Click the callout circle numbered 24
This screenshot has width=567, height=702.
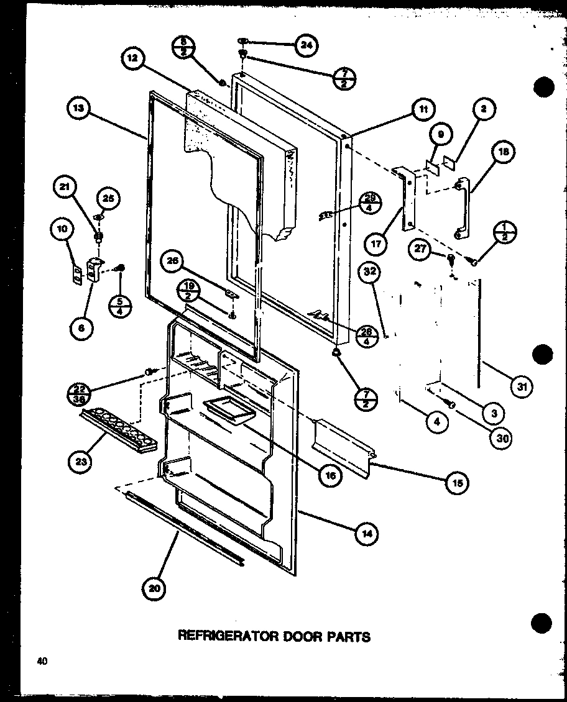click(x=307, y=45)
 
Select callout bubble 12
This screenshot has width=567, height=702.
click(x=134, y=60)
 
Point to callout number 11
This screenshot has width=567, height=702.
click(x=423, y=111)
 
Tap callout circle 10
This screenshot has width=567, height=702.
click(x=62, y=230)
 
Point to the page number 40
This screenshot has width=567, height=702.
click(x=42, y=662)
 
